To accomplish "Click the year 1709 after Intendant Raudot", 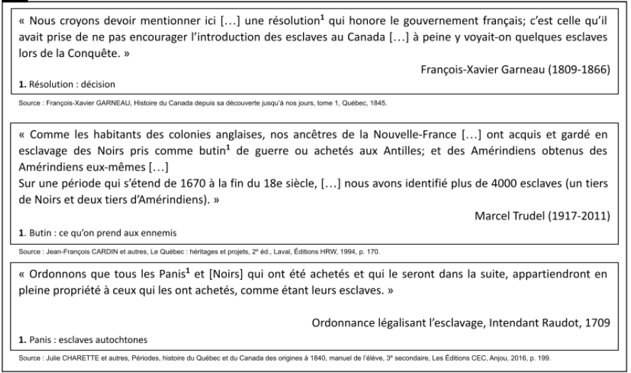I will [x=598, y=322].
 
